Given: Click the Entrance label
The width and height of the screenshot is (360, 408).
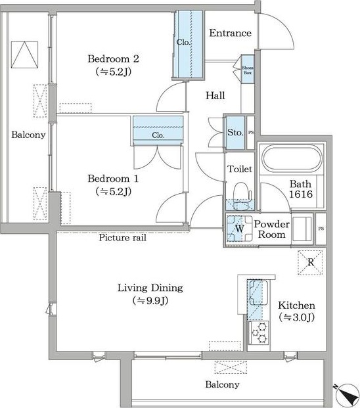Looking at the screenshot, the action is [230, 33].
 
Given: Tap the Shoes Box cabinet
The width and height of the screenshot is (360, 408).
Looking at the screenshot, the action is [248, 69].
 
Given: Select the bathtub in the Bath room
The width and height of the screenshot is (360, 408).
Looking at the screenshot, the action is [292, 159].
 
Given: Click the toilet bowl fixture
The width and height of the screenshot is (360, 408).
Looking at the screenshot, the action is [241, 194].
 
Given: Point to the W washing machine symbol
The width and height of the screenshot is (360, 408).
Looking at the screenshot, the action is [240, 229].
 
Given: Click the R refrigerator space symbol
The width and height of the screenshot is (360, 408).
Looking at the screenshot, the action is [310, 263].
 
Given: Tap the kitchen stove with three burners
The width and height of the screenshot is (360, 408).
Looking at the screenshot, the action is [259, 333].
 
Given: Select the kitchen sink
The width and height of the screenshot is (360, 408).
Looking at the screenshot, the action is [258, 292].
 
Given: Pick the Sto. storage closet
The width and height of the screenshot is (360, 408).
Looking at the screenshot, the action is [235, 133].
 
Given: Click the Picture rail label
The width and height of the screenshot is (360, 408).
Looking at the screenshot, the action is [122, 238].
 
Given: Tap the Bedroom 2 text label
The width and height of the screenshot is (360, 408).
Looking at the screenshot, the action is [113, 59].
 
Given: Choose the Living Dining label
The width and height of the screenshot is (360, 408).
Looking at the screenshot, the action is [150, 288].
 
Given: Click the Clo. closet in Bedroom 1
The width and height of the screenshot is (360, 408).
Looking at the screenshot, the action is [158, 131].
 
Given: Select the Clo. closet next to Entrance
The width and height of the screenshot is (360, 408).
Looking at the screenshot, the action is [189, 44].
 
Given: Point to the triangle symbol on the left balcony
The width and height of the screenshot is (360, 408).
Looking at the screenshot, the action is [24, 55].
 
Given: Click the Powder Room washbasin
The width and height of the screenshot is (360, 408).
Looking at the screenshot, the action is [302, 229].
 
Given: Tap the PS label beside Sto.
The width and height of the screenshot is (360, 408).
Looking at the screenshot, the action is [251, 133].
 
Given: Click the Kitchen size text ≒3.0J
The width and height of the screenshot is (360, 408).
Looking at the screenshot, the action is [296, 317].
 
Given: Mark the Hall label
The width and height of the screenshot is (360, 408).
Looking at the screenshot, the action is [215, 96].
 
